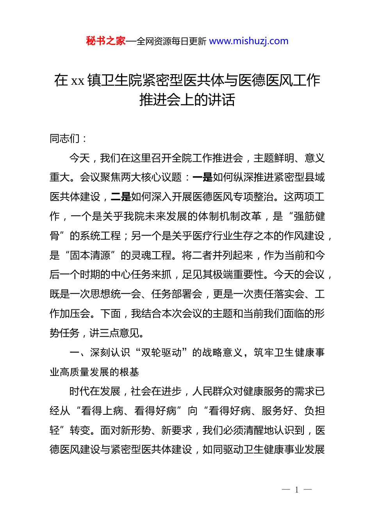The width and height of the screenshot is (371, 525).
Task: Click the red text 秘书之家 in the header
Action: tap(106, 41)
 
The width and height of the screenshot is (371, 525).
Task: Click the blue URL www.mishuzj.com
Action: tap(249, 41)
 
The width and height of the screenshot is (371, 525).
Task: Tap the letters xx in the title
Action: tap(78, 81)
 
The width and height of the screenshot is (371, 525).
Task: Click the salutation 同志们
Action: tap(64, 139)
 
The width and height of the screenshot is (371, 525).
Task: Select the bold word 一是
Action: tap(203, 177)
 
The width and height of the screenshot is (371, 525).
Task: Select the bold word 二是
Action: tap(121, 197)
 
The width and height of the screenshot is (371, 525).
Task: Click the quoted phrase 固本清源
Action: tap(90, 255)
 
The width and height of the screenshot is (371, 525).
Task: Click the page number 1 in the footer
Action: tap(297, 490)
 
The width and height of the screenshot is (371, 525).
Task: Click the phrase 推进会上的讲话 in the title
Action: tap(187, 100)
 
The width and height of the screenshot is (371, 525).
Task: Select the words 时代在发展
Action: tap(95, 391)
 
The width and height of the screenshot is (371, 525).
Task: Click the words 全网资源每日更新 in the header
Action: tap(171, 41)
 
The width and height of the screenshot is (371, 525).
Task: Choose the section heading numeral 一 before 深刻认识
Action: tap(75, 353)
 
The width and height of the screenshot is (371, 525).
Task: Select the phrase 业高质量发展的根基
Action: tap(95, 372)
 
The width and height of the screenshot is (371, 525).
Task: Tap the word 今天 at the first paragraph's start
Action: tap(79, 158)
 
